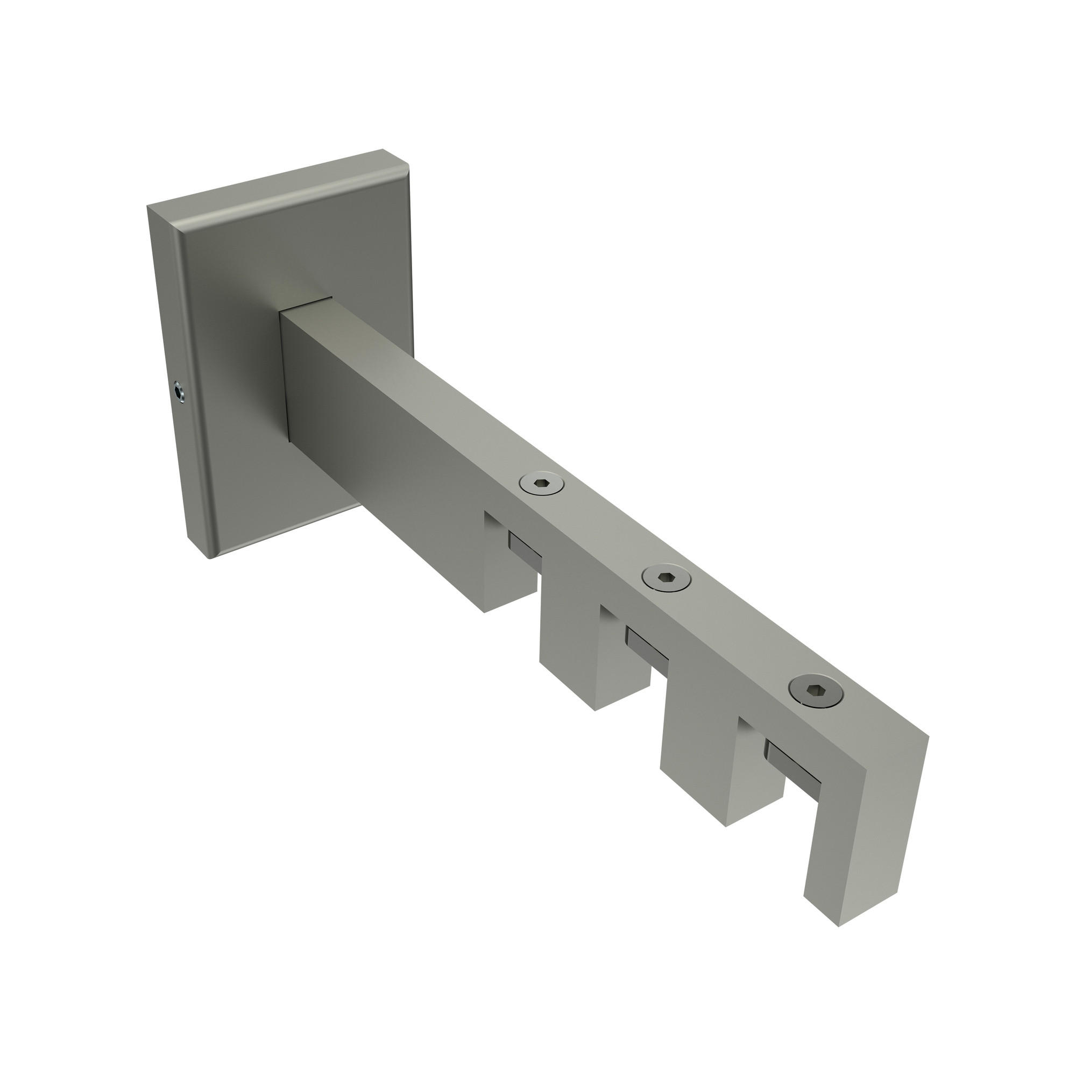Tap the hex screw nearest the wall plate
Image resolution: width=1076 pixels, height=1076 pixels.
pyautogui.click(x=541, y=486)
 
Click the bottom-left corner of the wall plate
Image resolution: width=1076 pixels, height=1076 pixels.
pyautogui.click(x=210, y=557)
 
